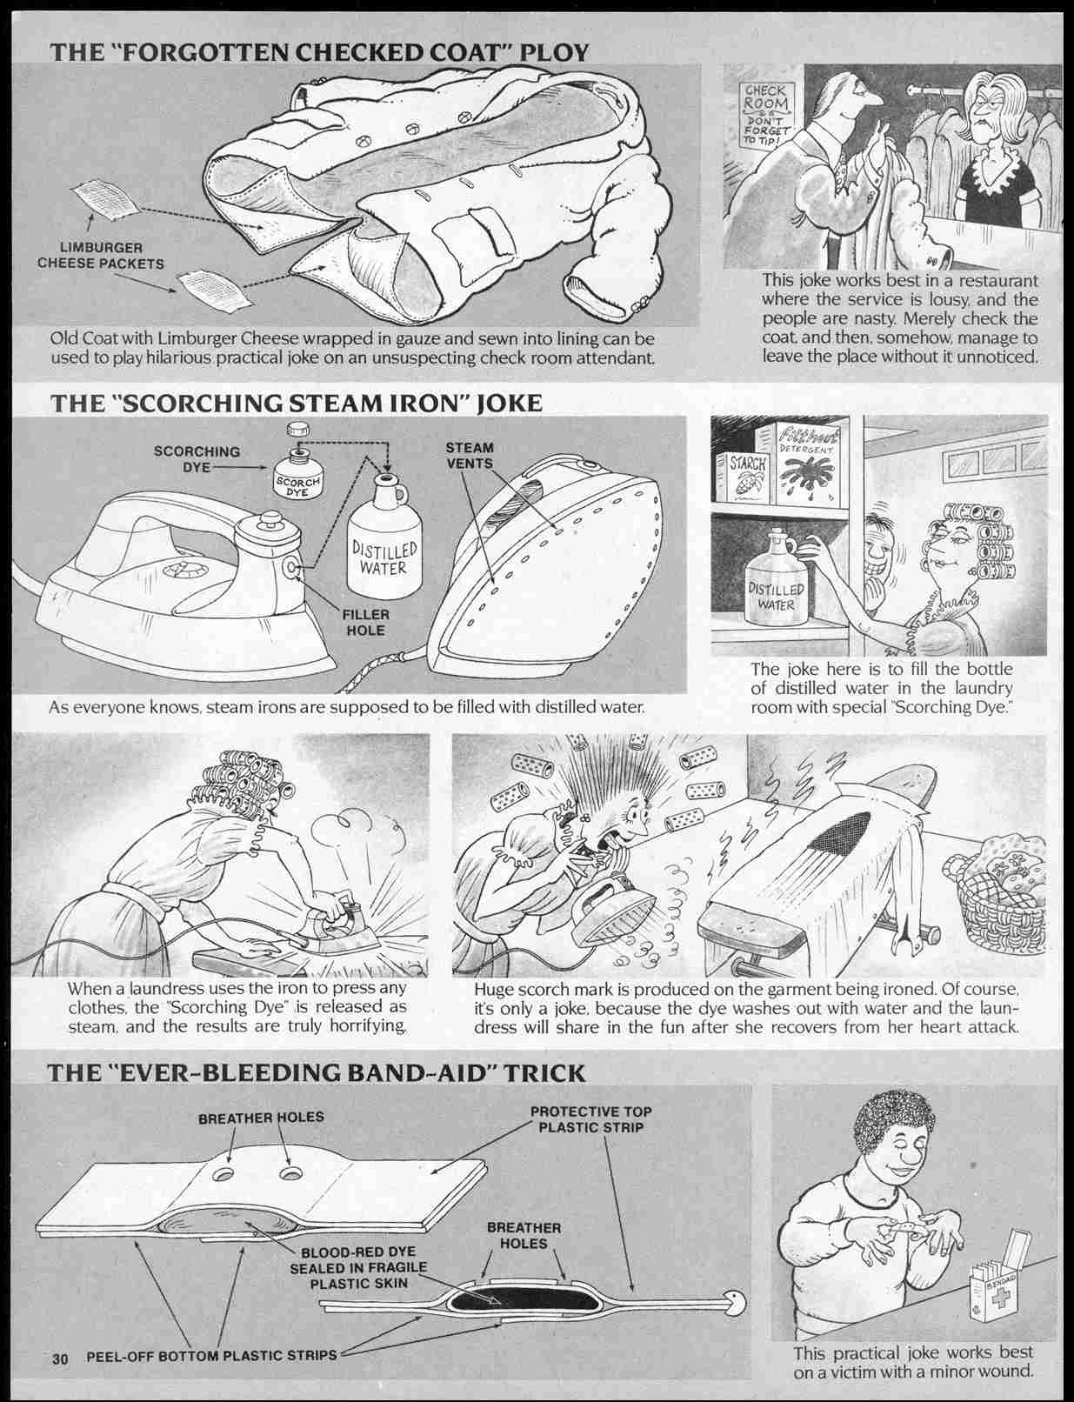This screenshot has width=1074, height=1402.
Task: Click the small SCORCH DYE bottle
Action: tap(297, 476)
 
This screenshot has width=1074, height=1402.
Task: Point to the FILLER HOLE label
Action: tap(366, 623)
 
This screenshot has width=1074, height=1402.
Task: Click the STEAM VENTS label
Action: tap(469, 456)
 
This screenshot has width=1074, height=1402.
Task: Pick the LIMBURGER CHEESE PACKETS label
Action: tap(101, 256)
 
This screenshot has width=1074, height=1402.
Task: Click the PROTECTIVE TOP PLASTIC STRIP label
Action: tap(590, 1119)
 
